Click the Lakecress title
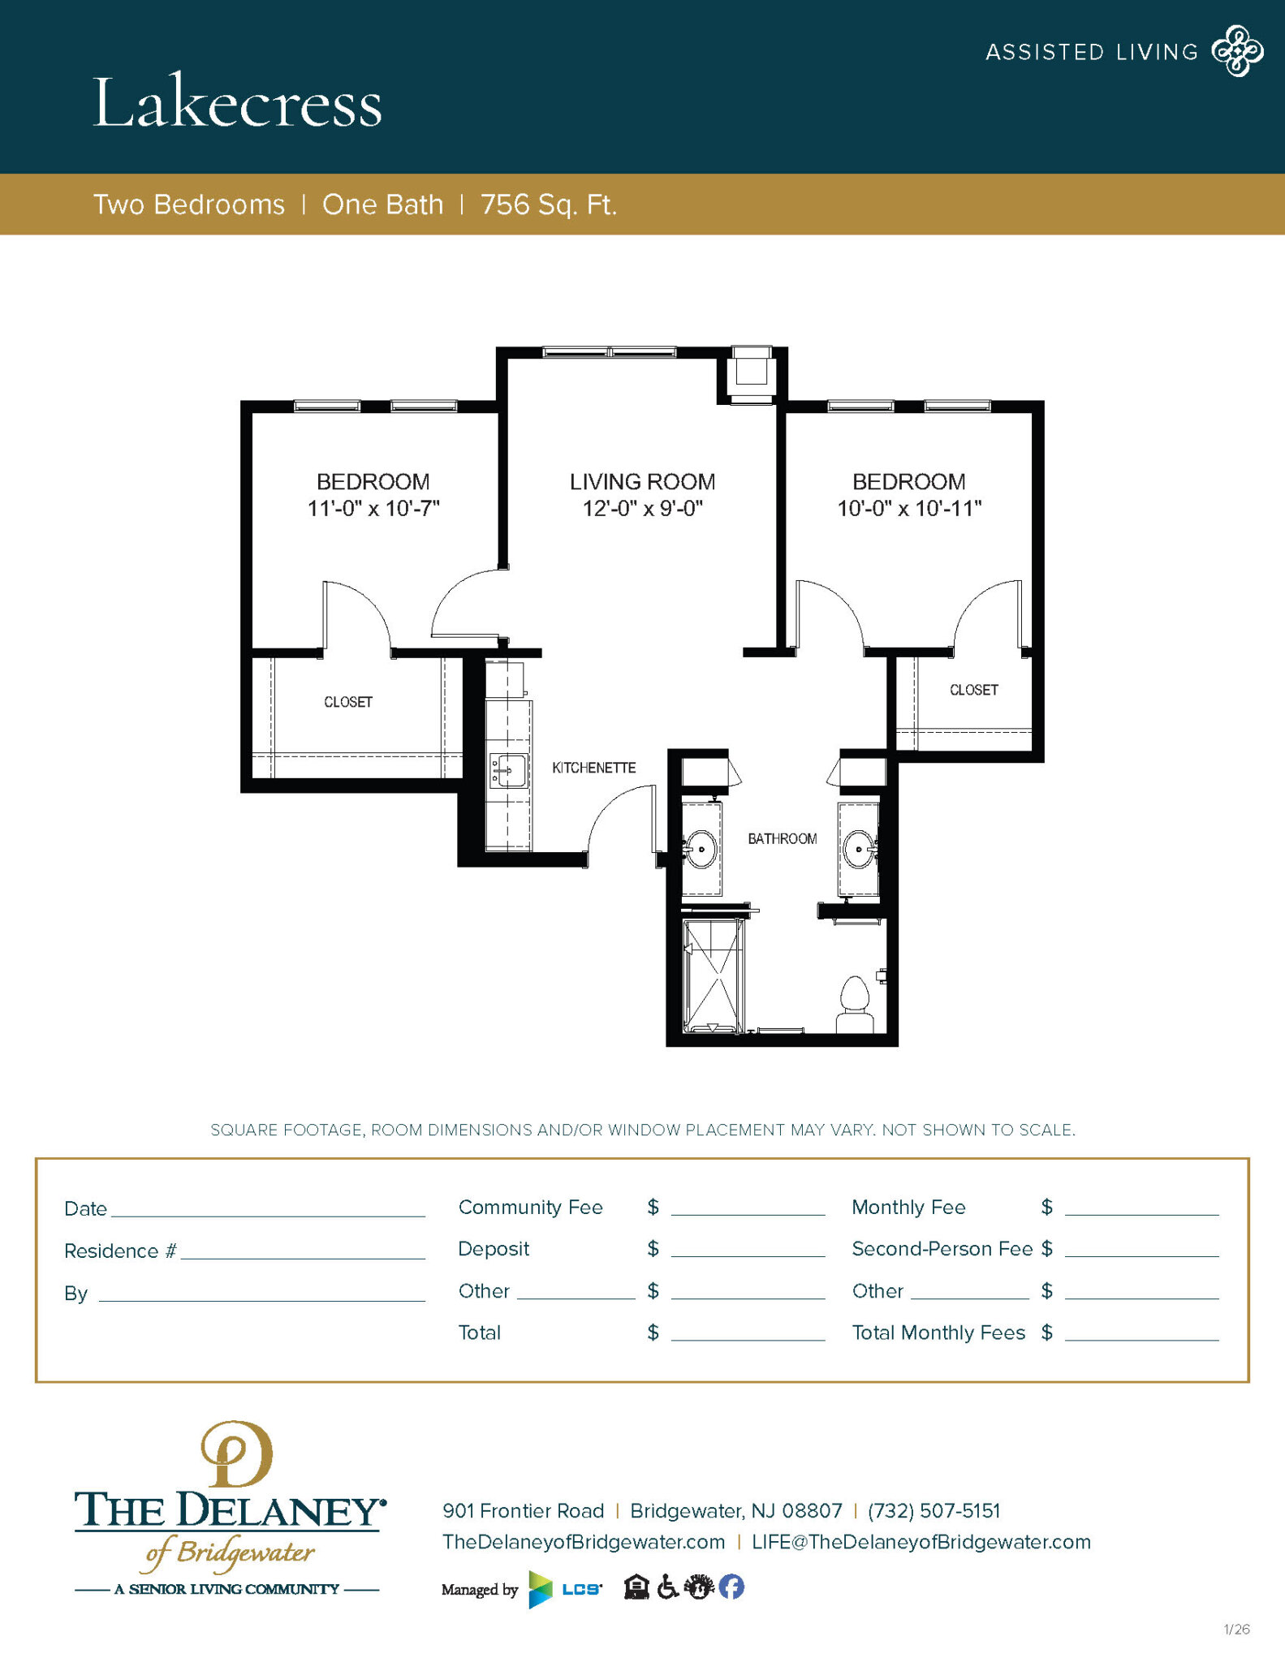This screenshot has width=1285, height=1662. click(237, 103)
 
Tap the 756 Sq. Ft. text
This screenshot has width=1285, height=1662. click(549, 205)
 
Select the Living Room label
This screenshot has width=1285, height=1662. click(642, 481)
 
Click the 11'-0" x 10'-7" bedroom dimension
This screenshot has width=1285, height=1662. click(373, 509)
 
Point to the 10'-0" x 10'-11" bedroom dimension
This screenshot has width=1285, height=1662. click(909, 509)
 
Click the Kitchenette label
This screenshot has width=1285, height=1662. click(593, 768)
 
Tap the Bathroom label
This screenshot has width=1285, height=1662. click(782, 838)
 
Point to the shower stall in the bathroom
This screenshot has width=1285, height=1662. click(714, 975)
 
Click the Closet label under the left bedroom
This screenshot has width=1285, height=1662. click(348, 702)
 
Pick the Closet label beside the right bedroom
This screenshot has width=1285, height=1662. click(973, 690)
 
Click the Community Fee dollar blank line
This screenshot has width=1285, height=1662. click(748, 1208)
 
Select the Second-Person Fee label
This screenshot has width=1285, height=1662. click(942, 1249)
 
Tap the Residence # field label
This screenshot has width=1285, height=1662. click(120, 1251)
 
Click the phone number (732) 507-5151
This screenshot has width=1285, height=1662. click(934, 1511)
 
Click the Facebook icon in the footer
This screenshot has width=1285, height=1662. click(731, 1587)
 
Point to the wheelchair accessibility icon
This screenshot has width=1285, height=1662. click(667, 1587)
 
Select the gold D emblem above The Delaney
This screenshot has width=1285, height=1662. click(236, 1455)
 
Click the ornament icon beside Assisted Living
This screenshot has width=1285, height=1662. click(1237, 51)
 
